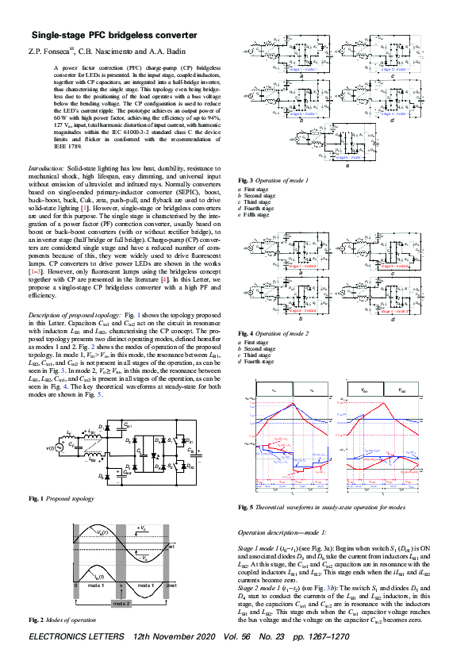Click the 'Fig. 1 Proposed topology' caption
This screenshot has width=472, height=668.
click(x=63, y=497)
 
